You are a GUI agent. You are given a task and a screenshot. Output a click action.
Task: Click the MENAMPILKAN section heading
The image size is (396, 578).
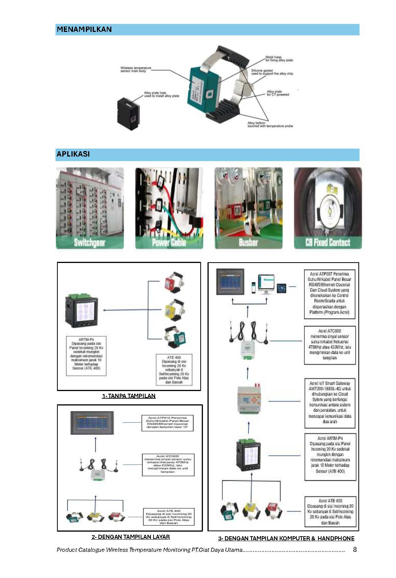[x=84, y=29]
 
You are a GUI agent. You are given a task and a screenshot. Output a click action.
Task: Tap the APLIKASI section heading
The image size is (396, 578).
[x=73, y=154]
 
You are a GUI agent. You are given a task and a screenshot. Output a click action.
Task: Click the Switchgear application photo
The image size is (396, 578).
[x=90, y=208]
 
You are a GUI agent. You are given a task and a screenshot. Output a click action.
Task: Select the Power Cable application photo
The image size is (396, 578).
[x=169, y=208]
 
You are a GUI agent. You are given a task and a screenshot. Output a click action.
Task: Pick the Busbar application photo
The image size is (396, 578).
[x=249, y=208]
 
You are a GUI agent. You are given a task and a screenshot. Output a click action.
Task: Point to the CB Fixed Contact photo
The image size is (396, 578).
[x=328, y=208]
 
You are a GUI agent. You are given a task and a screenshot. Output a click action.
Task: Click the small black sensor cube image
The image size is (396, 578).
[x=130, y=113]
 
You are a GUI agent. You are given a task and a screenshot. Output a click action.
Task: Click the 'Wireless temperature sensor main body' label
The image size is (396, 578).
[x=136, y=69]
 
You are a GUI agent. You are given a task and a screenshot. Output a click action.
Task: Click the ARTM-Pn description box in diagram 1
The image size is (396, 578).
[x=86, y=356]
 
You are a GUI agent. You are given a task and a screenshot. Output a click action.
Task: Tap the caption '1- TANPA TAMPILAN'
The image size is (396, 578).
[x=129, y=396]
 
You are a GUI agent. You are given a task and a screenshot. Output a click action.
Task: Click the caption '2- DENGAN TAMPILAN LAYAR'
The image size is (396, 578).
[x=131, y=537]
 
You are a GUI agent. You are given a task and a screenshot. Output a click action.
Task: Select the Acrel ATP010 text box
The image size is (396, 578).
[x=167, y=423]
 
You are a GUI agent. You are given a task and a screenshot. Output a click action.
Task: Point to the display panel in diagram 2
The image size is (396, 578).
[x=95, y=423]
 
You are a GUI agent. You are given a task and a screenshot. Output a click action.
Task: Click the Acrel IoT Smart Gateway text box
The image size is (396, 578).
[x=330, y=402]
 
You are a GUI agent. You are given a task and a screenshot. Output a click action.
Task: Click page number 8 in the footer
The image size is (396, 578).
[x=355, y=549]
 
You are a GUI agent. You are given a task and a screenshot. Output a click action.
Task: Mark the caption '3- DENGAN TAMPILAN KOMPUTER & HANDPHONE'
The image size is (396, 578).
[x=286, y=538]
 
